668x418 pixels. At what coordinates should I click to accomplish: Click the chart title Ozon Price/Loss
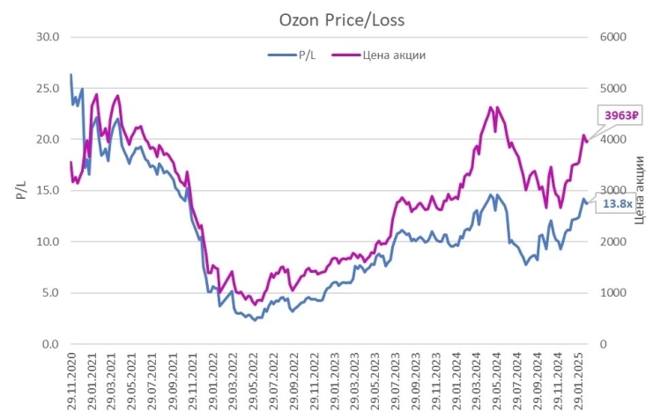click(x=330, y=17)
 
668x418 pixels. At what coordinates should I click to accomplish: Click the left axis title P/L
click(x=20, y=190)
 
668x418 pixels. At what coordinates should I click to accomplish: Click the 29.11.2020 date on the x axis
click(x=71, y=379)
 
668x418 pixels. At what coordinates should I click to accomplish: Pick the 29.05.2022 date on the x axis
click(x=254, y=379)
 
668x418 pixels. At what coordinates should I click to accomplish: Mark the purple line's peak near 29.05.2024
click(x=489, y=106)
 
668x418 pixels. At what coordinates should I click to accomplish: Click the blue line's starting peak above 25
click(x=71, y=75)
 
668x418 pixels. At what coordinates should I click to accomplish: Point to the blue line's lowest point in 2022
click(x=255, y=319)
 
